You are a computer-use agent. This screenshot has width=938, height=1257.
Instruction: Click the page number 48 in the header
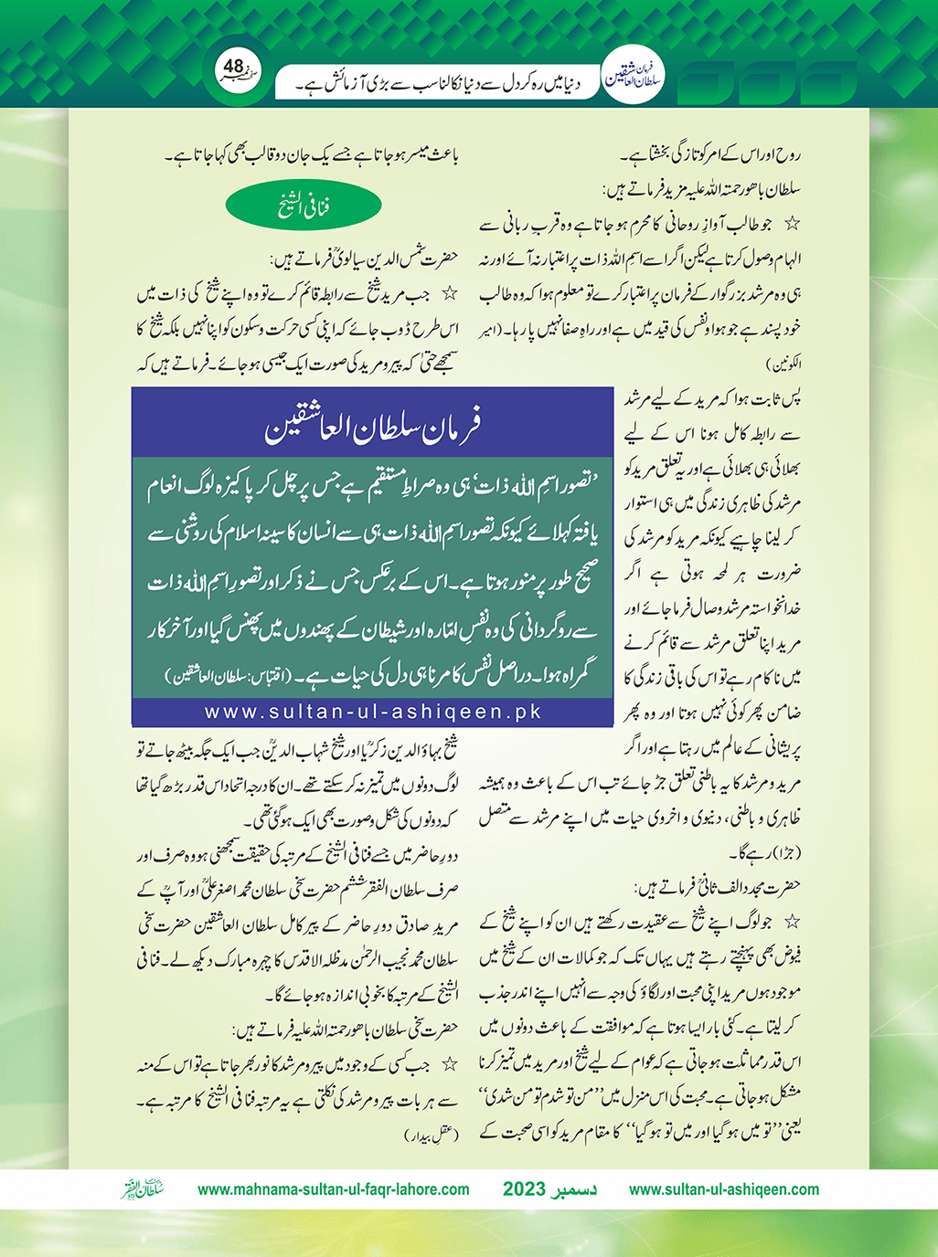click(234, 67)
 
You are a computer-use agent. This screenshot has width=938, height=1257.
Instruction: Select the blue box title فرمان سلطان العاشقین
click(372, 426)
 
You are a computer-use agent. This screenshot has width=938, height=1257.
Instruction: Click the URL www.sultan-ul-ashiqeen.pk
click(373, 712)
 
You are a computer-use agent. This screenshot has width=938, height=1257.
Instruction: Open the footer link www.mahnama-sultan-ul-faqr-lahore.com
click(334, 1189)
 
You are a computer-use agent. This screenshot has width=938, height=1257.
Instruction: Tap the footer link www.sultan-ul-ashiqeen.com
click(724, 1189)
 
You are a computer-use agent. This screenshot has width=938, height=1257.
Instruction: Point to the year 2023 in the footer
click(524, 1189)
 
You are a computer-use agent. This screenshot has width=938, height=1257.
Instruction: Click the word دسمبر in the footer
click(577, 1189)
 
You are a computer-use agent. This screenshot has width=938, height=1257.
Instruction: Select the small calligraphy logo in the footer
click(143, 1189)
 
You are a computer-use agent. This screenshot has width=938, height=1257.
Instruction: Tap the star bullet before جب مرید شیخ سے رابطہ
click(449, 294)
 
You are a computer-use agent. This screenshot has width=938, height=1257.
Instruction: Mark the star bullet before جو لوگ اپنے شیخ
click(792, 922)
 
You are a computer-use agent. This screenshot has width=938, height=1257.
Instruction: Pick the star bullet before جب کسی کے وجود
click(449, 1065)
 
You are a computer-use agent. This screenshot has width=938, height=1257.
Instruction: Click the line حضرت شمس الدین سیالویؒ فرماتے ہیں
click(366, 259)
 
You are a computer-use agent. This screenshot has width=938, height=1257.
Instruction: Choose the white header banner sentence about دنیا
click(439, 86)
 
